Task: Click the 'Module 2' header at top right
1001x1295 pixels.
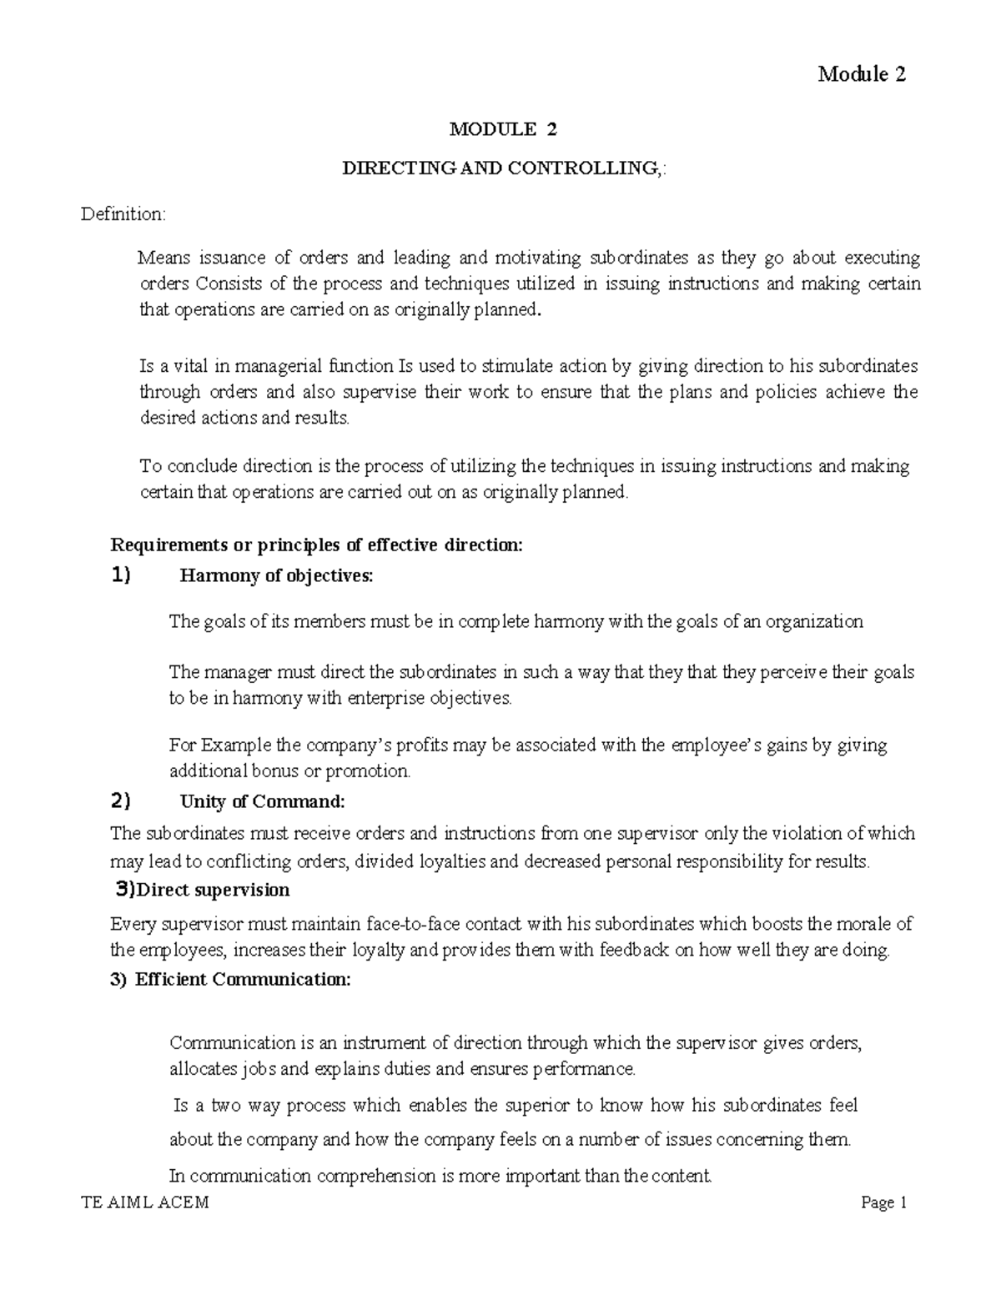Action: pos(861,74)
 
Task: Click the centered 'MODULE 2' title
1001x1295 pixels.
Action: pos(502,129)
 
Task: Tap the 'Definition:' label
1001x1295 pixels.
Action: pos(123,214)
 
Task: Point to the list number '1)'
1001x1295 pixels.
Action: pos(121,576)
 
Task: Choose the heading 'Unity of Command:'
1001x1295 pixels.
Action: pos(262,802)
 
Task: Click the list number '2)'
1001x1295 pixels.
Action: pos(121,802)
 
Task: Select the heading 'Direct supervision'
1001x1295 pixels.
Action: pos(213,890)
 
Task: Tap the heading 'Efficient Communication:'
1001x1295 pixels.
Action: pos(243,980)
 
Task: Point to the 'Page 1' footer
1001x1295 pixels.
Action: pos(883,1202)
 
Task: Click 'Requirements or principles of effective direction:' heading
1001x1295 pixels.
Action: pos(316,545)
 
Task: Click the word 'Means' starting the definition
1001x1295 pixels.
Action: pos(159,258)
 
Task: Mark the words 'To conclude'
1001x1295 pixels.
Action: pos(177,466)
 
